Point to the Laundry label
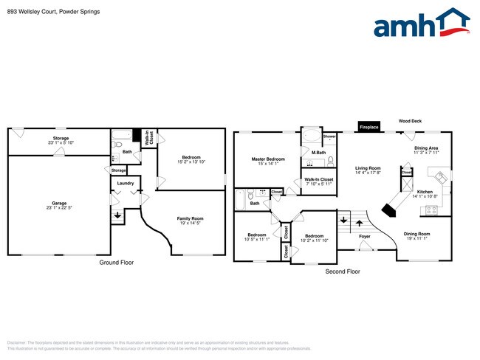pos(125,183)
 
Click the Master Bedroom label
pos(267,159)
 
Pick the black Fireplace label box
pos(368,127)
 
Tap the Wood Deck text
pos(411,120)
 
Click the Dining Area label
pos(426,148)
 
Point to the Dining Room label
pos(417,234)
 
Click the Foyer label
pos(365,237)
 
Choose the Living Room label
pos(368,167)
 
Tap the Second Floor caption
pos(342,271)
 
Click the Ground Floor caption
pos(117,262)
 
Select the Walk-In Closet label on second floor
pos(318,179)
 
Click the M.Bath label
pos(318,153)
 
